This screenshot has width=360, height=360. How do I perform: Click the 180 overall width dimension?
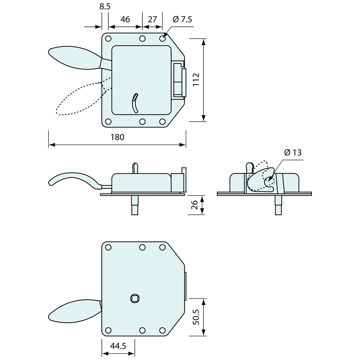pyautogui.click(x=117, y=137)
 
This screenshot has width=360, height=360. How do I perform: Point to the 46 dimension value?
pyautogui.click(x=125, y=19)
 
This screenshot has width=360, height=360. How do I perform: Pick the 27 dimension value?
pyautogui.click(x=152, y=19)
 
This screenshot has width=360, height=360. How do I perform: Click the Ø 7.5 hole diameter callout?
pyautogui.click(x=182, y=19)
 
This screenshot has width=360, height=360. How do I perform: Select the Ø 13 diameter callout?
pyautogui.click(x=293, y=153)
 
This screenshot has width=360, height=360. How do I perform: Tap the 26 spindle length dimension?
pyautogui.click(x=194, y=205)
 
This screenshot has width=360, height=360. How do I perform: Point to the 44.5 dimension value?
pyautogui.click(x=118, y=346)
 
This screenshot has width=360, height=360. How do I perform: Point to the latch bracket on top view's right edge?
pyautogui.click(x=179, y=80)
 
